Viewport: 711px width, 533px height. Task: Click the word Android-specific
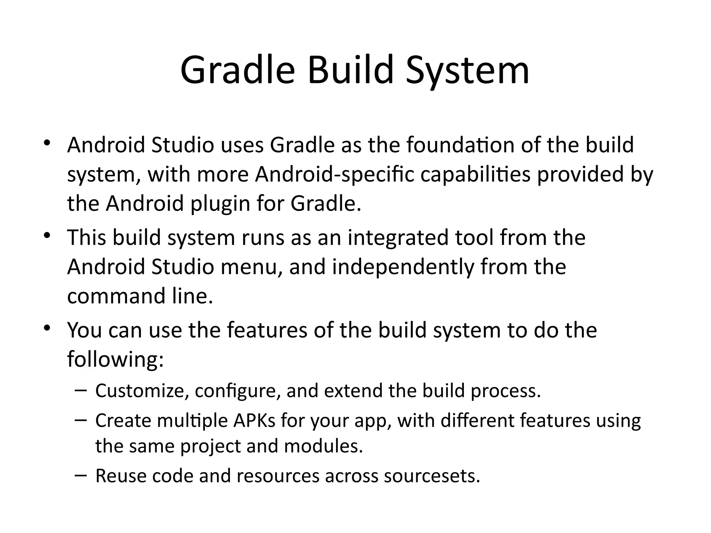pyautogui.click(x=335, y=174)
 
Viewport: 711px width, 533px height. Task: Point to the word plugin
pyautogui.click(x=220, y=203)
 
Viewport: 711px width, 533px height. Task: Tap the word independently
pyautogui.click(x=403, y=267)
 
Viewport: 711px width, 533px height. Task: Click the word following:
pyautogui.click(x=115, y=359)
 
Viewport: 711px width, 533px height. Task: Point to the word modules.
pyautogui.click(x=323, y=446)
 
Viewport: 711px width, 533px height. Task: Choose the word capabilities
pyautogui.click(x=475, y=174)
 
